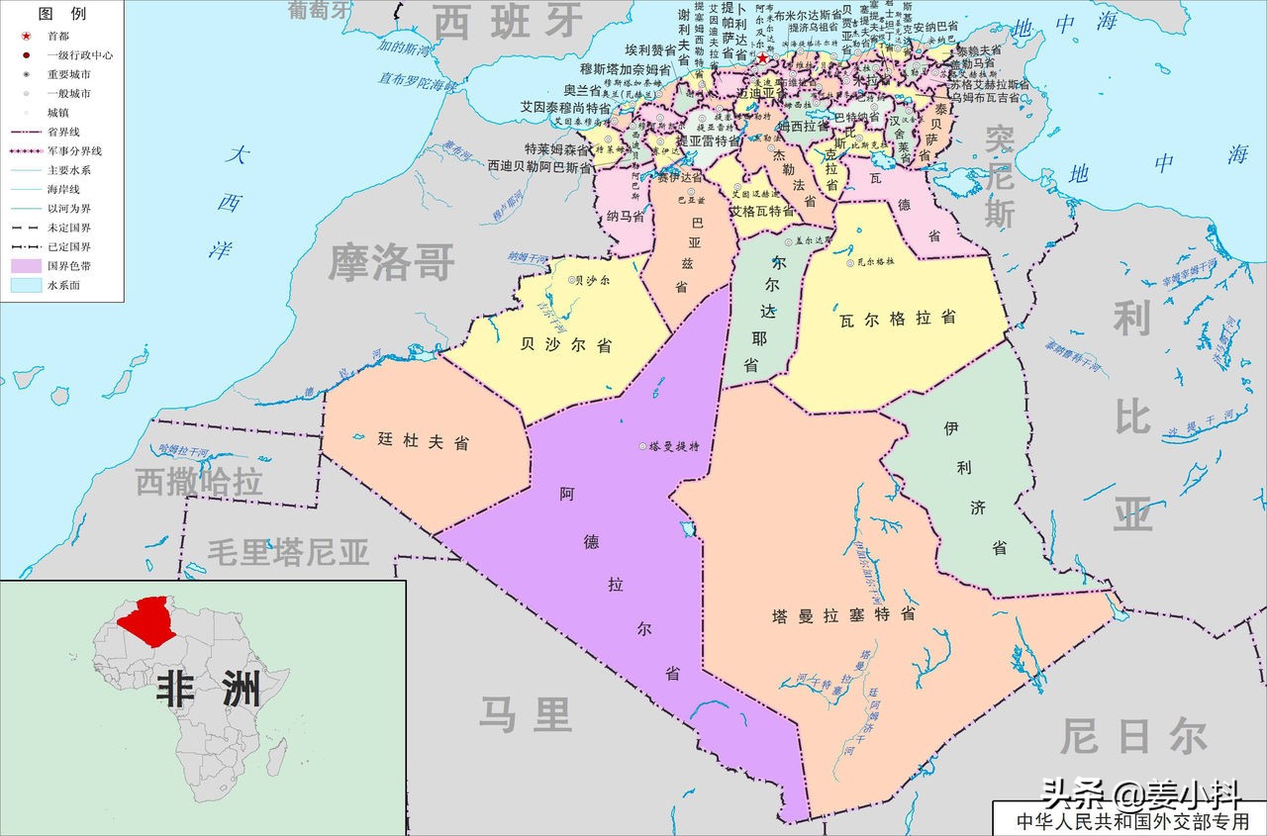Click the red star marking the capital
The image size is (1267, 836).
point(762,59)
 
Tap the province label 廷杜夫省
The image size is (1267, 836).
point(423,442)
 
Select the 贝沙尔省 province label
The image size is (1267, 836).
point(565,345)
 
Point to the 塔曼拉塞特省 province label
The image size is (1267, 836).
point(843,614)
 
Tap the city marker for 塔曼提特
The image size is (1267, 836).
point(642,446)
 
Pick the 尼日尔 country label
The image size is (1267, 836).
point(1133,737)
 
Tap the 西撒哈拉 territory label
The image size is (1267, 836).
point(199,482)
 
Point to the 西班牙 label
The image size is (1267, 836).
point(509,22)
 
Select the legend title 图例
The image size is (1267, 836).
point(61,14)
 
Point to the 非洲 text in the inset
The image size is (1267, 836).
point(208,690)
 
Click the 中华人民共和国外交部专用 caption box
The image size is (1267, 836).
point(1128,820)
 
